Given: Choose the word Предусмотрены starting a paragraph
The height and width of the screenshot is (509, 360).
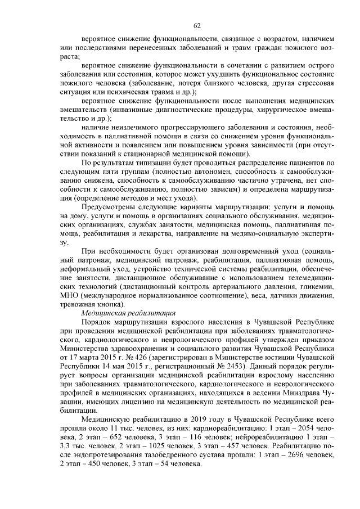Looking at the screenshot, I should coord(111,207).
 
